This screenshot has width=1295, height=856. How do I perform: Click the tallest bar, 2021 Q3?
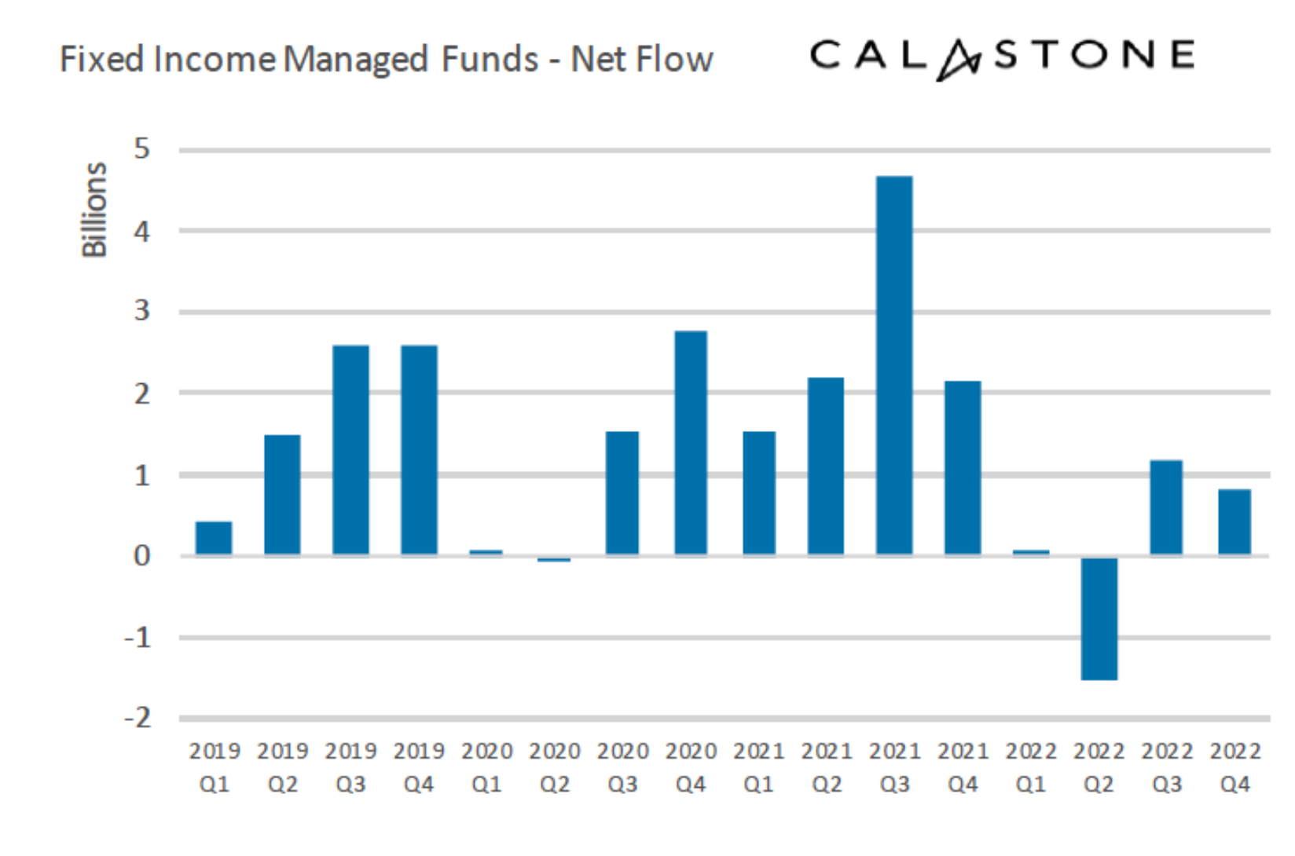894,365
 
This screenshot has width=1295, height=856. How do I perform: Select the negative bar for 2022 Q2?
1099,618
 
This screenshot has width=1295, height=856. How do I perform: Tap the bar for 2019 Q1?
214,538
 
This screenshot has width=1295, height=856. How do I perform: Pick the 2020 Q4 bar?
691,443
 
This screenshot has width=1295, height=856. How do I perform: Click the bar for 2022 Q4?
1234,522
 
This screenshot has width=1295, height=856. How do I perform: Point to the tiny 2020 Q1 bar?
486,553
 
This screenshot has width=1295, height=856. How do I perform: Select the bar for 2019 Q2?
282,495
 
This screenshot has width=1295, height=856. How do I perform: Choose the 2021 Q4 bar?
963,468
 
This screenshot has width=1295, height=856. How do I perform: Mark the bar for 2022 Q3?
1166,507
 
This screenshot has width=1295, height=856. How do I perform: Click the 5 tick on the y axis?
141,148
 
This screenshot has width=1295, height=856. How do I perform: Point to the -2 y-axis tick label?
138,718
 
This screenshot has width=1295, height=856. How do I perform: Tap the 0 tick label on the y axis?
141,556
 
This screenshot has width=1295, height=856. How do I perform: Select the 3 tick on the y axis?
141,311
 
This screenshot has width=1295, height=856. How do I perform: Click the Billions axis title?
94,210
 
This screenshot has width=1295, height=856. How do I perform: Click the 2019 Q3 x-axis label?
350,767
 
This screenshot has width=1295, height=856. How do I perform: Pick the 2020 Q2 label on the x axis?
555,767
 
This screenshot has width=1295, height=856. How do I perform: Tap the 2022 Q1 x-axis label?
1031,767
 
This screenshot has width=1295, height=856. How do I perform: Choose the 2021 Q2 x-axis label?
827,767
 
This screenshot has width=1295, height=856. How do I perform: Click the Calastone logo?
1002,57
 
